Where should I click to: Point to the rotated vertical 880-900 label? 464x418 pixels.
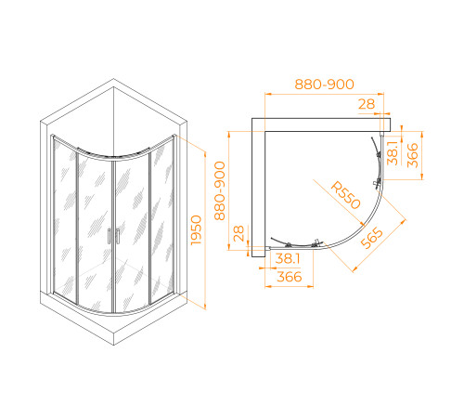tap(221, 190)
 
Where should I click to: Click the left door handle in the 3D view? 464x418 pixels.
tap(110, 236)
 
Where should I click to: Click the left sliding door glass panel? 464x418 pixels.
tap(94, 232)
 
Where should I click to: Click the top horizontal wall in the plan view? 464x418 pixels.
tap(325, 123)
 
